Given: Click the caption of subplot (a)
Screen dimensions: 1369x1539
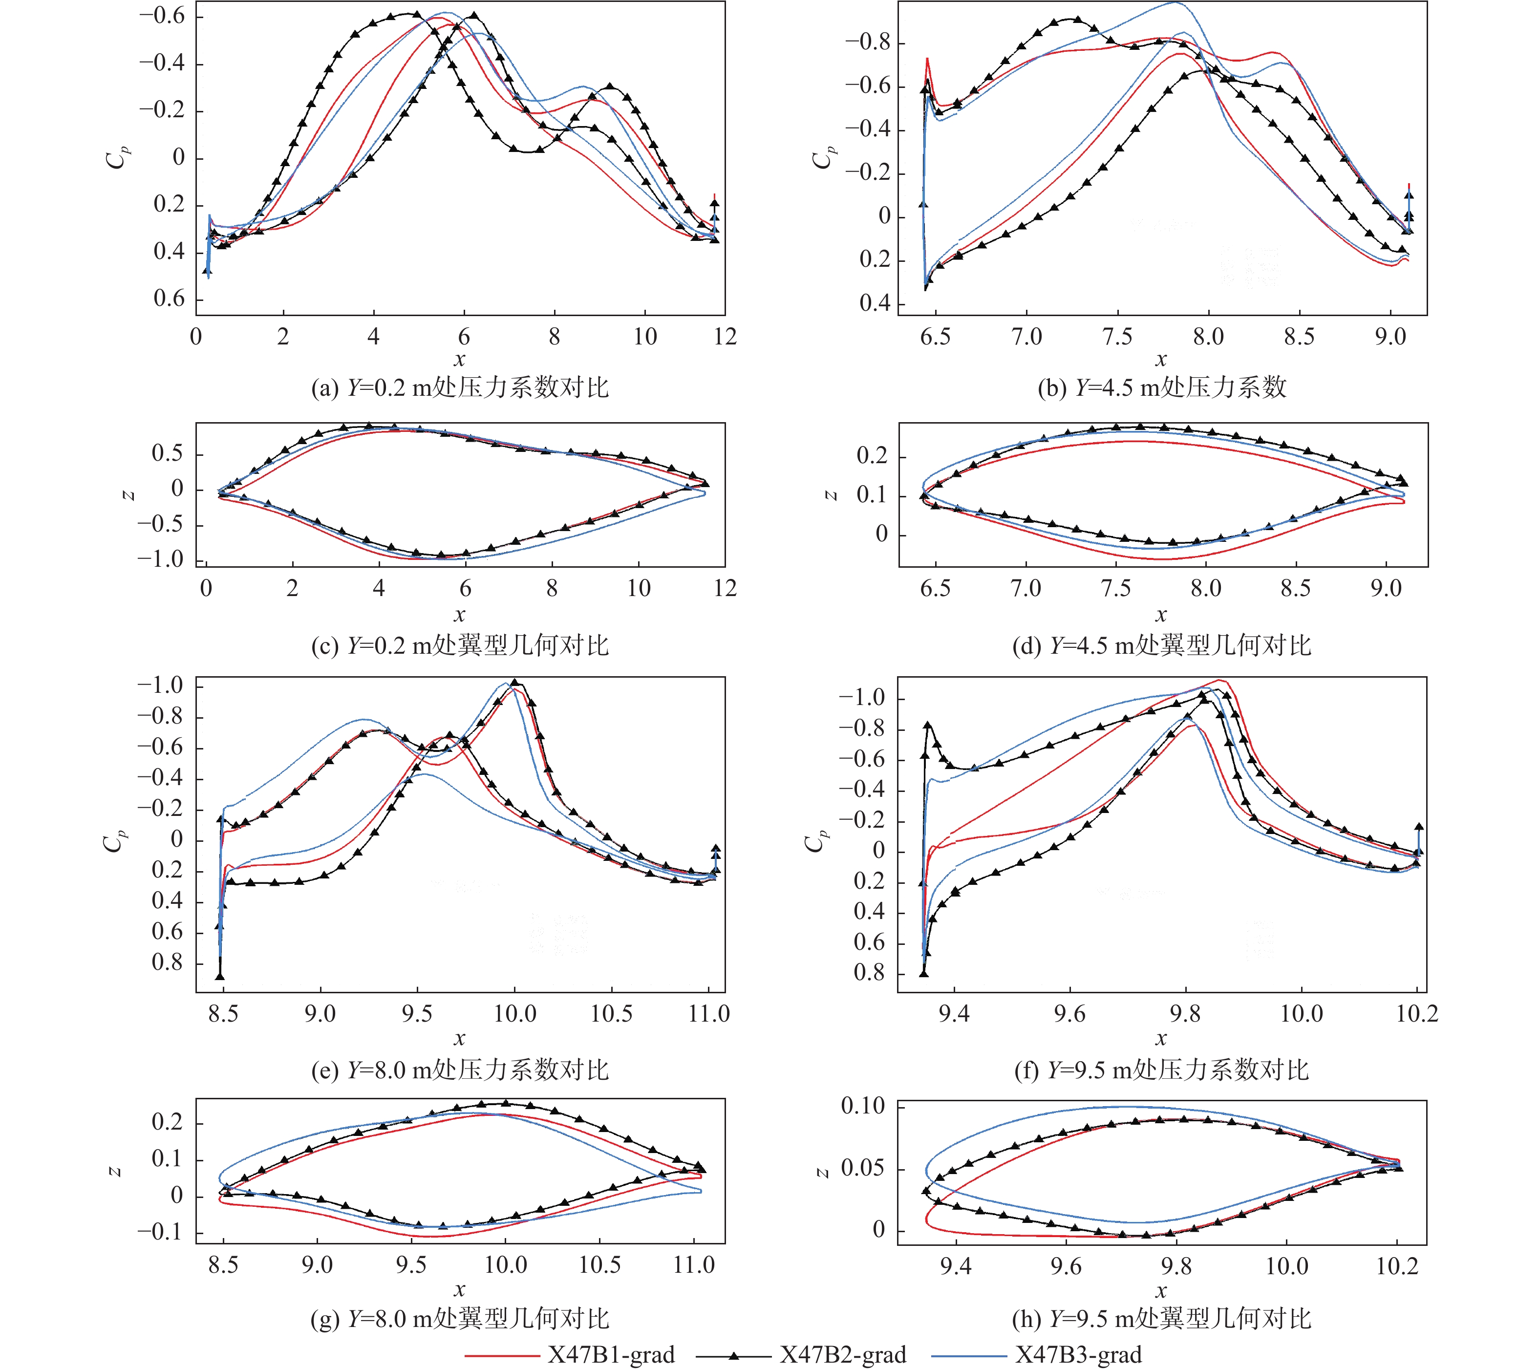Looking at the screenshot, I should click(460, 388).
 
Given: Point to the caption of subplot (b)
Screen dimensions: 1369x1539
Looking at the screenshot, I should click(1162, 388).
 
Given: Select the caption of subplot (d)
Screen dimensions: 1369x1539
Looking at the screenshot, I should click(1162, 645).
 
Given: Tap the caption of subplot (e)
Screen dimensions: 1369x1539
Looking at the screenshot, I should click(460, 1070).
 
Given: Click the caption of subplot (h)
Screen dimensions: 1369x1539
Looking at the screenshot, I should click(1162, 1319).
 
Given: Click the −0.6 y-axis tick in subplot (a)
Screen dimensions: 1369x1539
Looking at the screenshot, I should click(163, 17).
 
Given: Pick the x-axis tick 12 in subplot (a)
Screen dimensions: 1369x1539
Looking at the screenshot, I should click(725, 337).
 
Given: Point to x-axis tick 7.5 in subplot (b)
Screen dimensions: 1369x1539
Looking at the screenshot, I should click(1117, 337).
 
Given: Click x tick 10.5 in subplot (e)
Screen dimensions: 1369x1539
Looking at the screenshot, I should click(611, 1014).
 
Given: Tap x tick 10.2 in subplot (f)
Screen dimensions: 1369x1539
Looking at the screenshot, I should click(1417, 1014).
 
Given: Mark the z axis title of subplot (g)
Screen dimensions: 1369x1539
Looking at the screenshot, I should click(115, 1171).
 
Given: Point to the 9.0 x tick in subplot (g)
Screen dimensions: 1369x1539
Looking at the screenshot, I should click(317, 1265).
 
